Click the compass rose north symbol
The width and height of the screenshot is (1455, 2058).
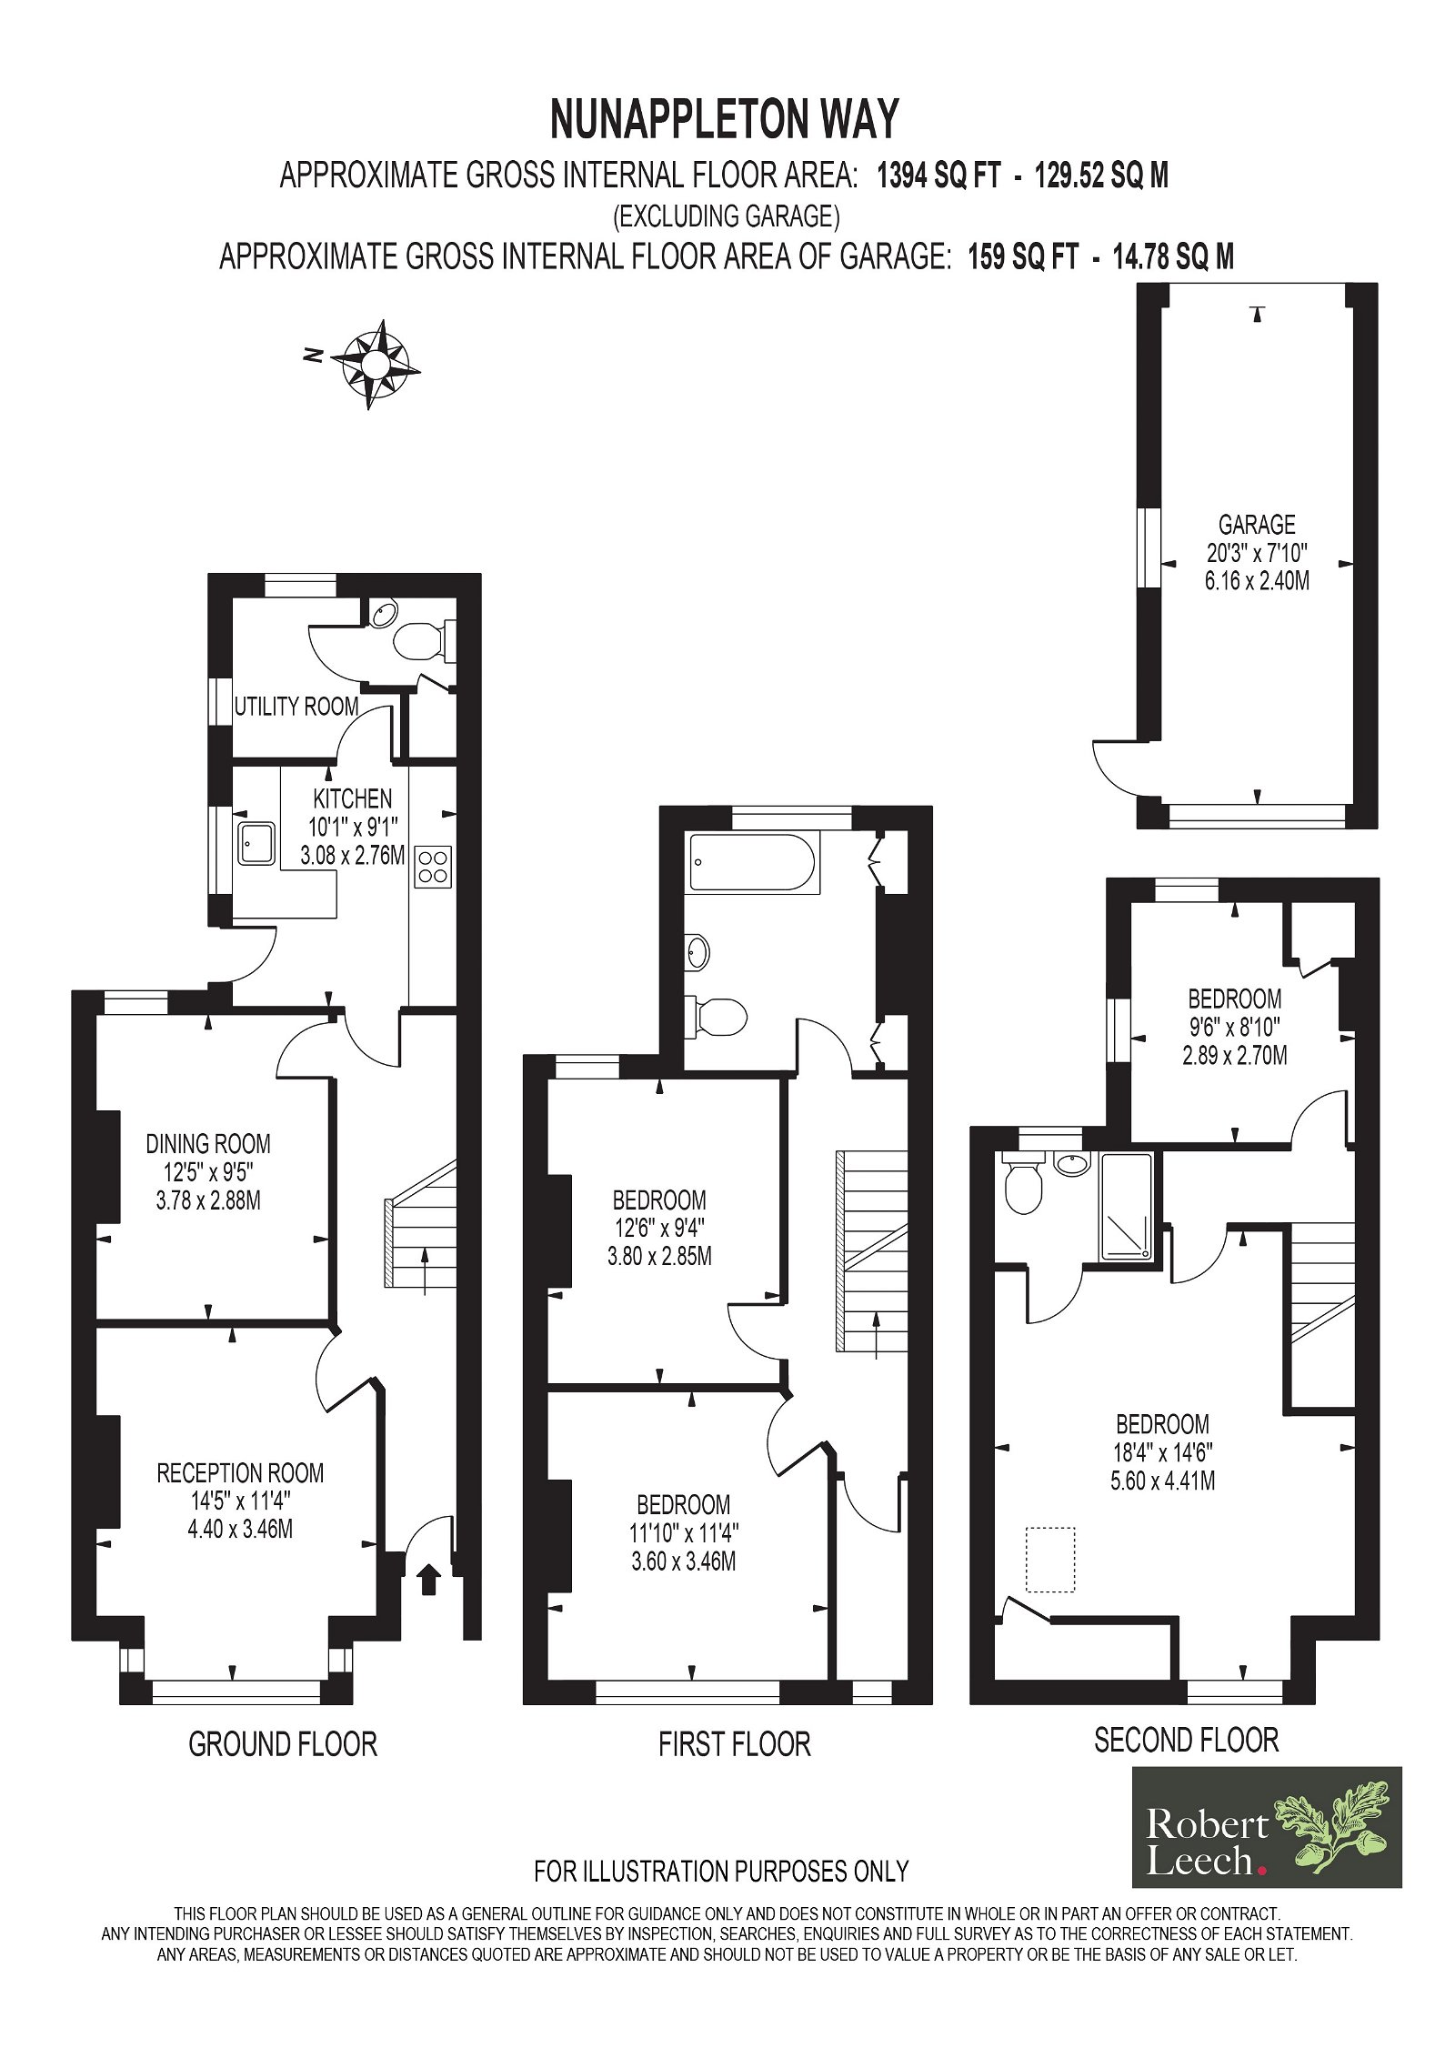point(375,364)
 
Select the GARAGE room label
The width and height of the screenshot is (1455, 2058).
point(1257,525)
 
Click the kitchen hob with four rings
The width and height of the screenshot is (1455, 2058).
point(433,866)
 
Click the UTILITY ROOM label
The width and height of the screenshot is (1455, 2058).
point(296,707)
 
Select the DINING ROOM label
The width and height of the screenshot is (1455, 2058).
point(208,1143)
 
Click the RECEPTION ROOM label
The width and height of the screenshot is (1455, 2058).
point(240,1472)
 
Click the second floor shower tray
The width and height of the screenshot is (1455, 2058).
point(1127,1207)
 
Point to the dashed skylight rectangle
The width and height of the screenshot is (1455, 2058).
point(1050,1560)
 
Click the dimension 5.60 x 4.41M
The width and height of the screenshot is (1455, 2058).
point(1163,1481)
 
